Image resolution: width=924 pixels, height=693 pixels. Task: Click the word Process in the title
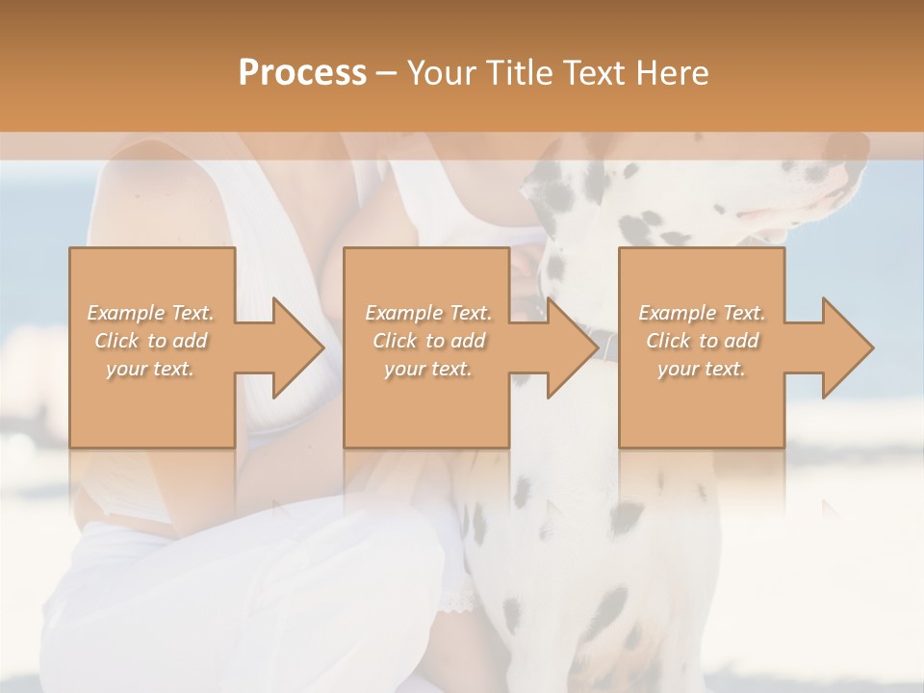(302, 72)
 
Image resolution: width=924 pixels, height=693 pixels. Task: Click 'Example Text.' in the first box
(151, 313)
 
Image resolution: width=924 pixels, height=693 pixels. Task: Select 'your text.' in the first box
(151, 369)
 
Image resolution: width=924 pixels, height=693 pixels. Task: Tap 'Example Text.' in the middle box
(427, 313)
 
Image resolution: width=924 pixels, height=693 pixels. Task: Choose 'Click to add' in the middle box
(427, 341)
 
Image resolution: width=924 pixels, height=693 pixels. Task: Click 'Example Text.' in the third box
(702, 313)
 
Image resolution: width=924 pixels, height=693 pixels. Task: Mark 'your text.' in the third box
(702, 369)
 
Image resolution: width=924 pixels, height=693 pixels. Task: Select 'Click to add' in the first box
(151, 341)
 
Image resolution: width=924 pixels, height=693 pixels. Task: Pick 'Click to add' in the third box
(702, 341)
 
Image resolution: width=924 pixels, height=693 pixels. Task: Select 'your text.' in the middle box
(427, 369)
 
